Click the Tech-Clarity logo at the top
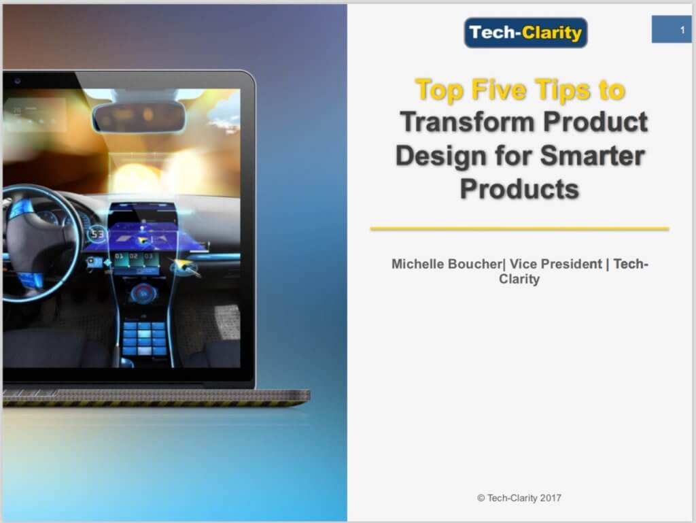pos(525,33)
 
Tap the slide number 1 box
pos(672,30)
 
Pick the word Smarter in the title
pos(592,156)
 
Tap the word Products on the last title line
pos(519,188)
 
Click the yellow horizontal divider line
pos(519,229)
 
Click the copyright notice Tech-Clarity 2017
pos(519,498)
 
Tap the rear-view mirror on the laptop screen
pos(139,116)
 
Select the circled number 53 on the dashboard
pos(98,235)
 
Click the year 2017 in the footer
pos(551,498)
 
